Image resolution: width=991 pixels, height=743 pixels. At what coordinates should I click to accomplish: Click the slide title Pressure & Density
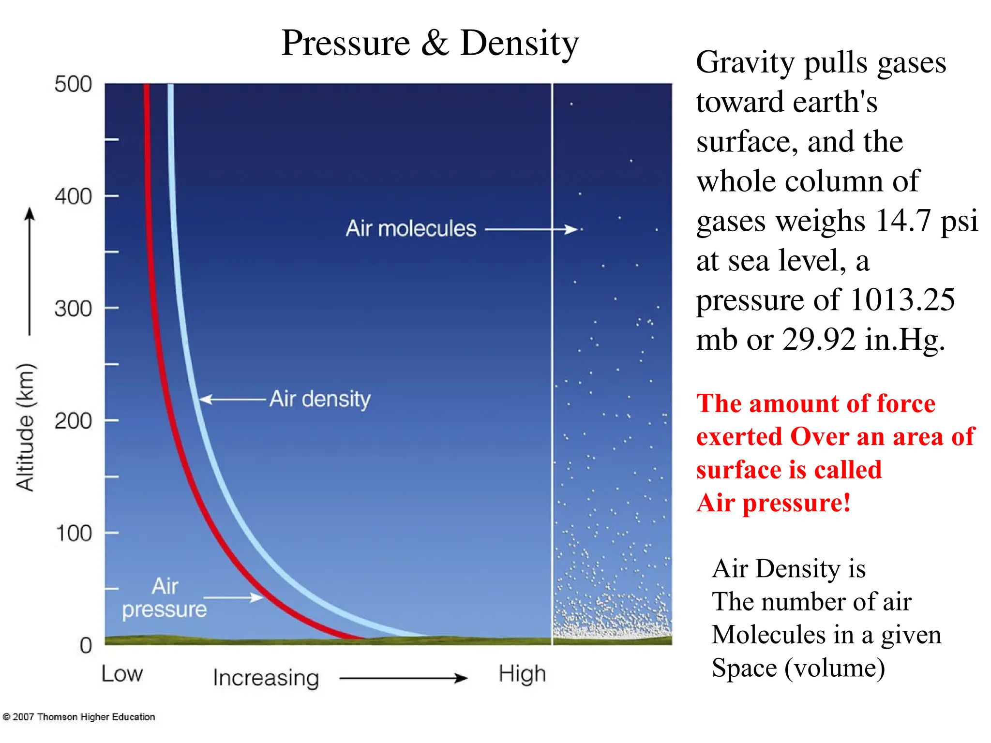click(x=430, y=44)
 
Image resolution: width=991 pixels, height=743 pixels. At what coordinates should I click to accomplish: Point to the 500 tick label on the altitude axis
click(x=73, y=84)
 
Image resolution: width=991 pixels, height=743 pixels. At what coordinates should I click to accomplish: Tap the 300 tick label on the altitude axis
click(x=73, y=309)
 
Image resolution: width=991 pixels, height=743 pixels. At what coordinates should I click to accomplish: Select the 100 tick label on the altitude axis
click(x=74, y=533)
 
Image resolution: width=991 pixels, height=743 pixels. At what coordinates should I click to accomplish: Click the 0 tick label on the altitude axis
click(x=86, y=645)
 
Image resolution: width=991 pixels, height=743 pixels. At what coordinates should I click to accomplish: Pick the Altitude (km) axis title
click(x=25, y=428)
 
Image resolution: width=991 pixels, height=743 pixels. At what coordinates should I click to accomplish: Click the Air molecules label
click(x=411, y=228)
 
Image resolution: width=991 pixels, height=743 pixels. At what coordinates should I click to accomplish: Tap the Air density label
click(x=320, y=399)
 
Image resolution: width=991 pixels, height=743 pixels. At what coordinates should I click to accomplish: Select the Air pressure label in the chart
click(x=165, y=598)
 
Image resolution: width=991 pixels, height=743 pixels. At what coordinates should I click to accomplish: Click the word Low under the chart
click(x=122, y=674)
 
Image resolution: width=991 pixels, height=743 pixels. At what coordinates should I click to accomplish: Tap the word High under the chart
click(x=522, y=674)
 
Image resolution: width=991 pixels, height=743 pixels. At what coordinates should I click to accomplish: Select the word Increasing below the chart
click(x=266, y=678)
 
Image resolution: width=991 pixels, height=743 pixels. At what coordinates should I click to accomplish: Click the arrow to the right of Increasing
click(x=404, y=678)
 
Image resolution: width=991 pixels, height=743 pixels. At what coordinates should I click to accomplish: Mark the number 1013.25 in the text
click(x=902, y=300)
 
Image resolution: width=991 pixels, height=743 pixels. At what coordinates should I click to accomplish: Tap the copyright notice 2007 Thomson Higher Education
click(x=79, y=717)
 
